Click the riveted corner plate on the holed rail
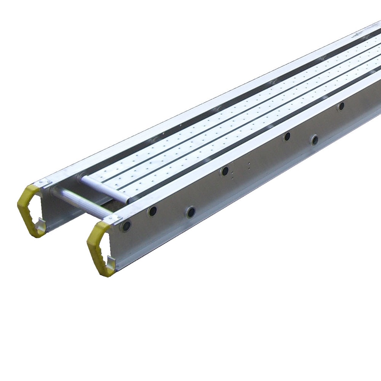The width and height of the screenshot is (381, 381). [x=114, y=219]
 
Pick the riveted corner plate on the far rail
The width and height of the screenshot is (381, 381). [x=45, y=183]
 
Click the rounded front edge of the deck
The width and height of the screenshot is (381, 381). [x=105, y=189]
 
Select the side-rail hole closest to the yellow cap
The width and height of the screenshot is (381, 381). [x=126, y=226]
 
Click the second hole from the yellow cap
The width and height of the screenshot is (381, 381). [x=152, y=211]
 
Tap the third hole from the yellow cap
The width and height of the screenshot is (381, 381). [x=190, y=212]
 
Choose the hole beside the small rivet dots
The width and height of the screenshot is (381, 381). [x=225, y=171]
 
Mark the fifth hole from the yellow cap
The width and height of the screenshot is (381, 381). [x=287, y=136]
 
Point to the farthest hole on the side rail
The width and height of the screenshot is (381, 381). [x=341, y=106]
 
